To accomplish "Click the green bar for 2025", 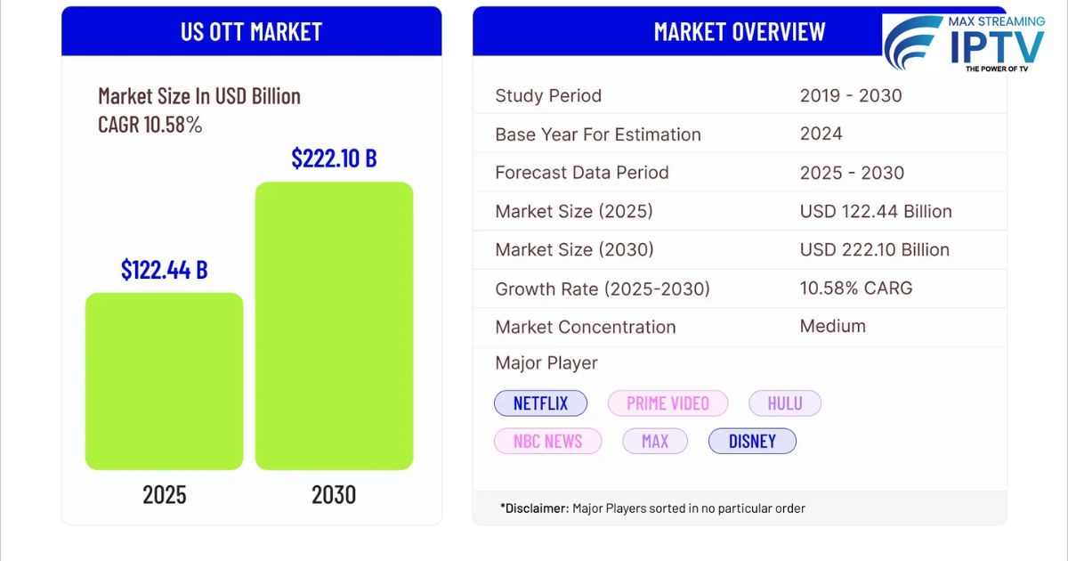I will (x=164, y=381).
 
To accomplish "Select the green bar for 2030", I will (x=334, y=326).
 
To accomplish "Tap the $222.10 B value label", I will (x=334, y=159).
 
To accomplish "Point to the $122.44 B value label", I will (x=164, y=269).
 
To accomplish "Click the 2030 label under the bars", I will (x=334, y=494).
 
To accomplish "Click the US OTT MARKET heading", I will (x=251, y=31).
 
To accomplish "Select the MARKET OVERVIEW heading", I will (x=739, y=31).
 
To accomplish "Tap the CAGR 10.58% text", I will (x=150, y=125).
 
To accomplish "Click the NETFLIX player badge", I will (x=540, y=403).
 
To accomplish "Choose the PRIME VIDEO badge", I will (x=667, y=403).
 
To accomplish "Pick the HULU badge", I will (x=784, y=403).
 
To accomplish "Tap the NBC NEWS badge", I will (x=547, y=441).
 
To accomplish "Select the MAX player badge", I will (x=654, y=441).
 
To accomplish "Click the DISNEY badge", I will (x=752, y=441).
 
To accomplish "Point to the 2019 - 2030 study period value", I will (x=850, y=95).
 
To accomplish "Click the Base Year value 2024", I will (x=821, y=134).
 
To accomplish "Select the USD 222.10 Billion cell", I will (x=874, y=249).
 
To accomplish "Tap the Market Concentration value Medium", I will (x=832, y=326).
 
